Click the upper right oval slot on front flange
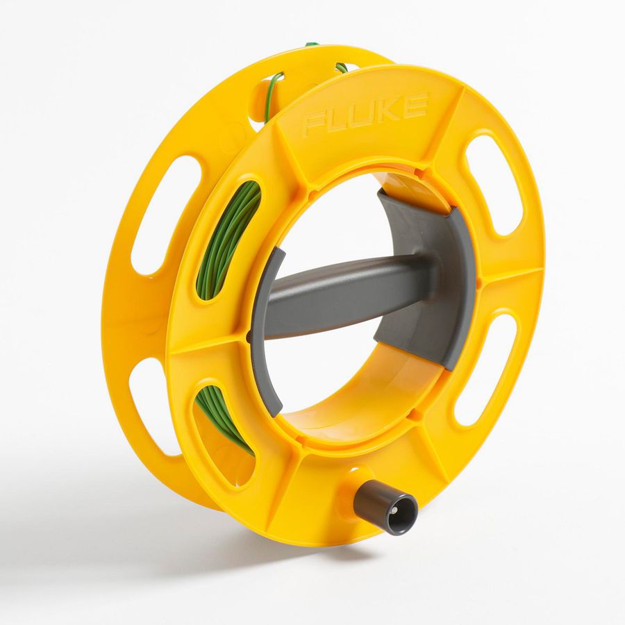(x=494, y=184)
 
